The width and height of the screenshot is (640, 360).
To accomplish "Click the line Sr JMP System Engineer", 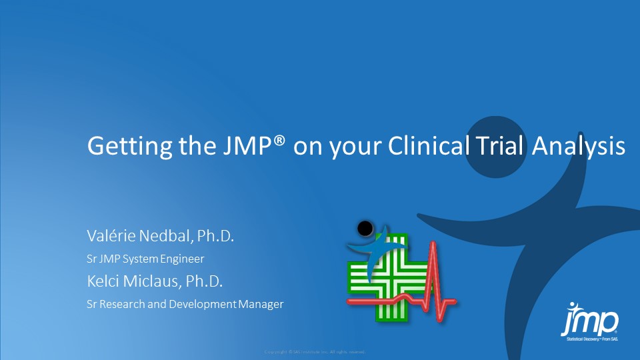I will pos(145,259).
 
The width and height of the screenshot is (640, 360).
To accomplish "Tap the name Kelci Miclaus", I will pos(129,281).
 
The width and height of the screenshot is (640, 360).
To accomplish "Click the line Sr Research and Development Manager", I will pos(185,305).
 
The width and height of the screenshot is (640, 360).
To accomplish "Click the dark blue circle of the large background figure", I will pos(501,147).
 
